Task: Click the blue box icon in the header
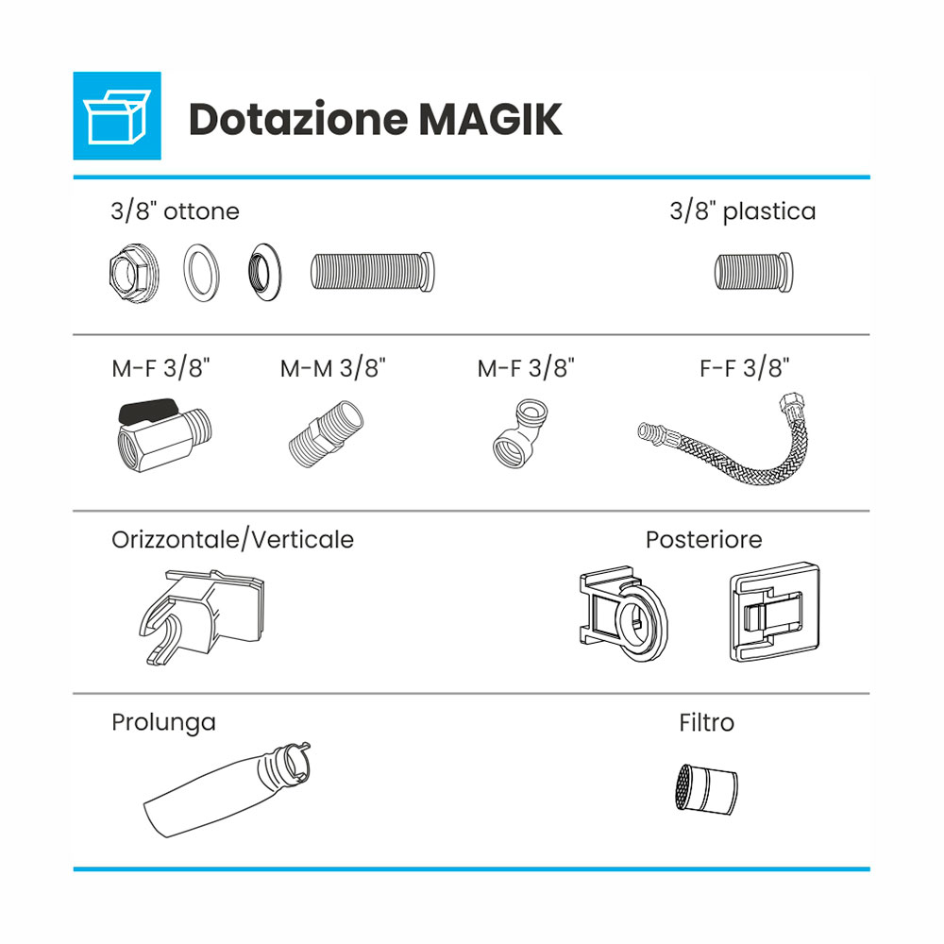tap(117, 115)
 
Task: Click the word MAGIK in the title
tap(490, 120)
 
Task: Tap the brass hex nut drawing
tap(134, 274)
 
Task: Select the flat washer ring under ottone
tap(202, 273)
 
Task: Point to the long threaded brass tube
tap(373, 272)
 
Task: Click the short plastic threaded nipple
tap(753, 272)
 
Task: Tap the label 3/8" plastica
tap(743, 211)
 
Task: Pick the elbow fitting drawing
tap(519, 433)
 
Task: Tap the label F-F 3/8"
tap(744, 368)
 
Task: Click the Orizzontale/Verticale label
tap(232, 539)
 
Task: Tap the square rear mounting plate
tap(775, 613)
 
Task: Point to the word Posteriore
tap(704, 539)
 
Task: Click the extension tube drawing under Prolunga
tap(228, 789)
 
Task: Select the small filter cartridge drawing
tap(706, 789)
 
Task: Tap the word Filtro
tap(707, 722)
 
